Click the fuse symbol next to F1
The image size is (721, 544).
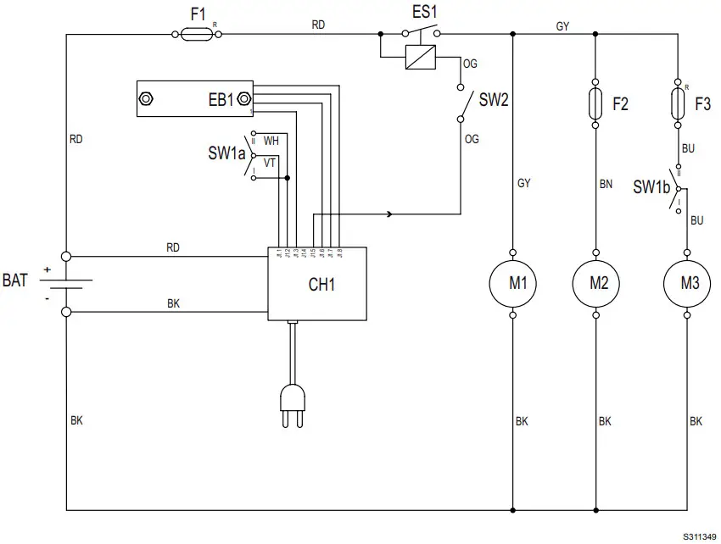tap(197, 34)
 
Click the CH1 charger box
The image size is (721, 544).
tap(318, 284)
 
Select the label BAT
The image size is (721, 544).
tap(16, 280)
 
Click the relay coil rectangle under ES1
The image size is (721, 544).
tap(421, 58)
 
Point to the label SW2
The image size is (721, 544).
tap(494, 100)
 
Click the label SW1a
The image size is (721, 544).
tap(226, 154)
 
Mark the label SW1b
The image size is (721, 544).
tap(651, 187)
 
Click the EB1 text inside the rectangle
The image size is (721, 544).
tap(221, 100)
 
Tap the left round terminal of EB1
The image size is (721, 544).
tap(147, 99)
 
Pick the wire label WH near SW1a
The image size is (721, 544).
tap(271, 141)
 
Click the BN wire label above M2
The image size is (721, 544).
tap(605, 183)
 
